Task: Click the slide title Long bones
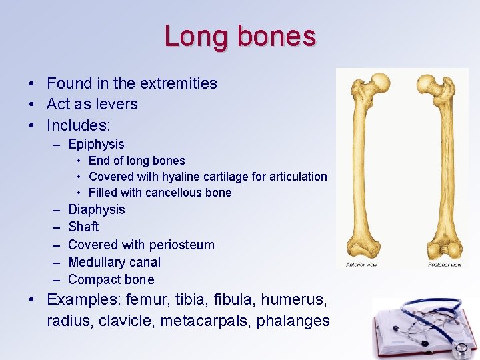click(x=240, y=36)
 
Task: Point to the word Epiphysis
click(x=96, y=144)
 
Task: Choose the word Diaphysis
click(x=97, y=209)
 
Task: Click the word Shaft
click(x=83, y=227)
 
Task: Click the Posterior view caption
click(x=445, y=264)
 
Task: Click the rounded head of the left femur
click(x=380, y=82)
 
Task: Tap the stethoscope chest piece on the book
click(x=459, y=349)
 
